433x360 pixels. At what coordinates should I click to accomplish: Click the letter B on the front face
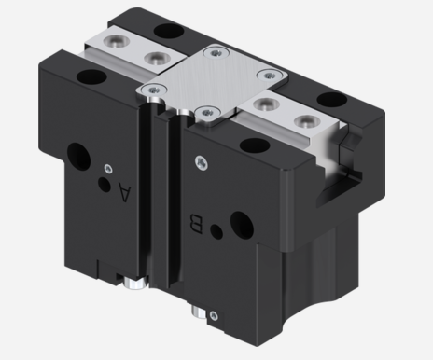(196, 224)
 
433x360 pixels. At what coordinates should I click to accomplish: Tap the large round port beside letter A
(78, 157)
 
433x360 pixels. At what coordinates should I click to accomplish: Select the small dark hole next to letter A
(105, 184)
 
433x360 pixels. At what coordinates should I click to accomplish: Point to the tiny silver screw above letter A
(108, 169)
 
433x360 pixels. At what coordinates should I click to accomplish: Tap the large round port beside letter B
(242, 226)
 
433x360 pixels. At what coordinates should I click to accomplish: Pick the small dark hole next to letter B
(216, 231)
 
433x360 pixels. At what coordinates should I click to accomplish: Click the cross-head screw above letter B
(202, 163)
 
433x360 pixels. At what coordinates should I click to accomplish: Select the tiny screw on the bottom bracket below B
(214, 316)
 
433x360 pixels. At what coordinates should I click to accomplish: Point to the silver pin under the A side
(135, 283)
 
